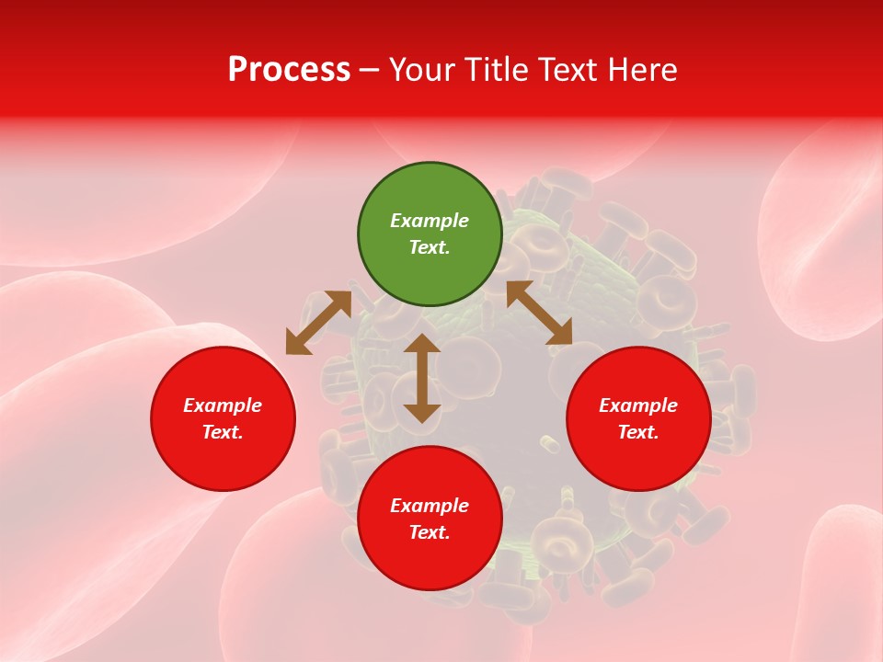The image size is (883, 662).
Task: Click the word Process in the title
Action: coord(289,70)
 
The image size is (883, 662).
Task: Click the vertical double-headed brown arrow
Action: coord(422,378)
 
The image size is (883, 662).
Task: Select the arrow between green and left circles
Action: coord(318,323)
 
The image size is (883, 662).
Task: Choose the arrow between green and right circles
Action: coord(539,313)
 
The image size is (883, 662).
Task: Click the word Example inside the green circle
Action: coord(430,221)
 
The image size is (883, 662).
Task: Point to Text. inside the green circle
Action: coord(430,247)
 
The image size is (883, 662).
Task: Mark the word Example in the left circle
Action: coord(223,405)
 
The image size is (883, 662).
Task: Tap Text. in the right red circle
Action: coord(638,432)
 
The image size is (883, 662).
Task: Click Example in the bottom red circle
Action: coord(430,506)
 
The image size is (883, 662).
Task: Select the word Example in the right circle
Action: coord(638,405)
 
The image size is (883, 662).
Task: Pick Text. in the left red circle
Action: coord(223,432)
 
